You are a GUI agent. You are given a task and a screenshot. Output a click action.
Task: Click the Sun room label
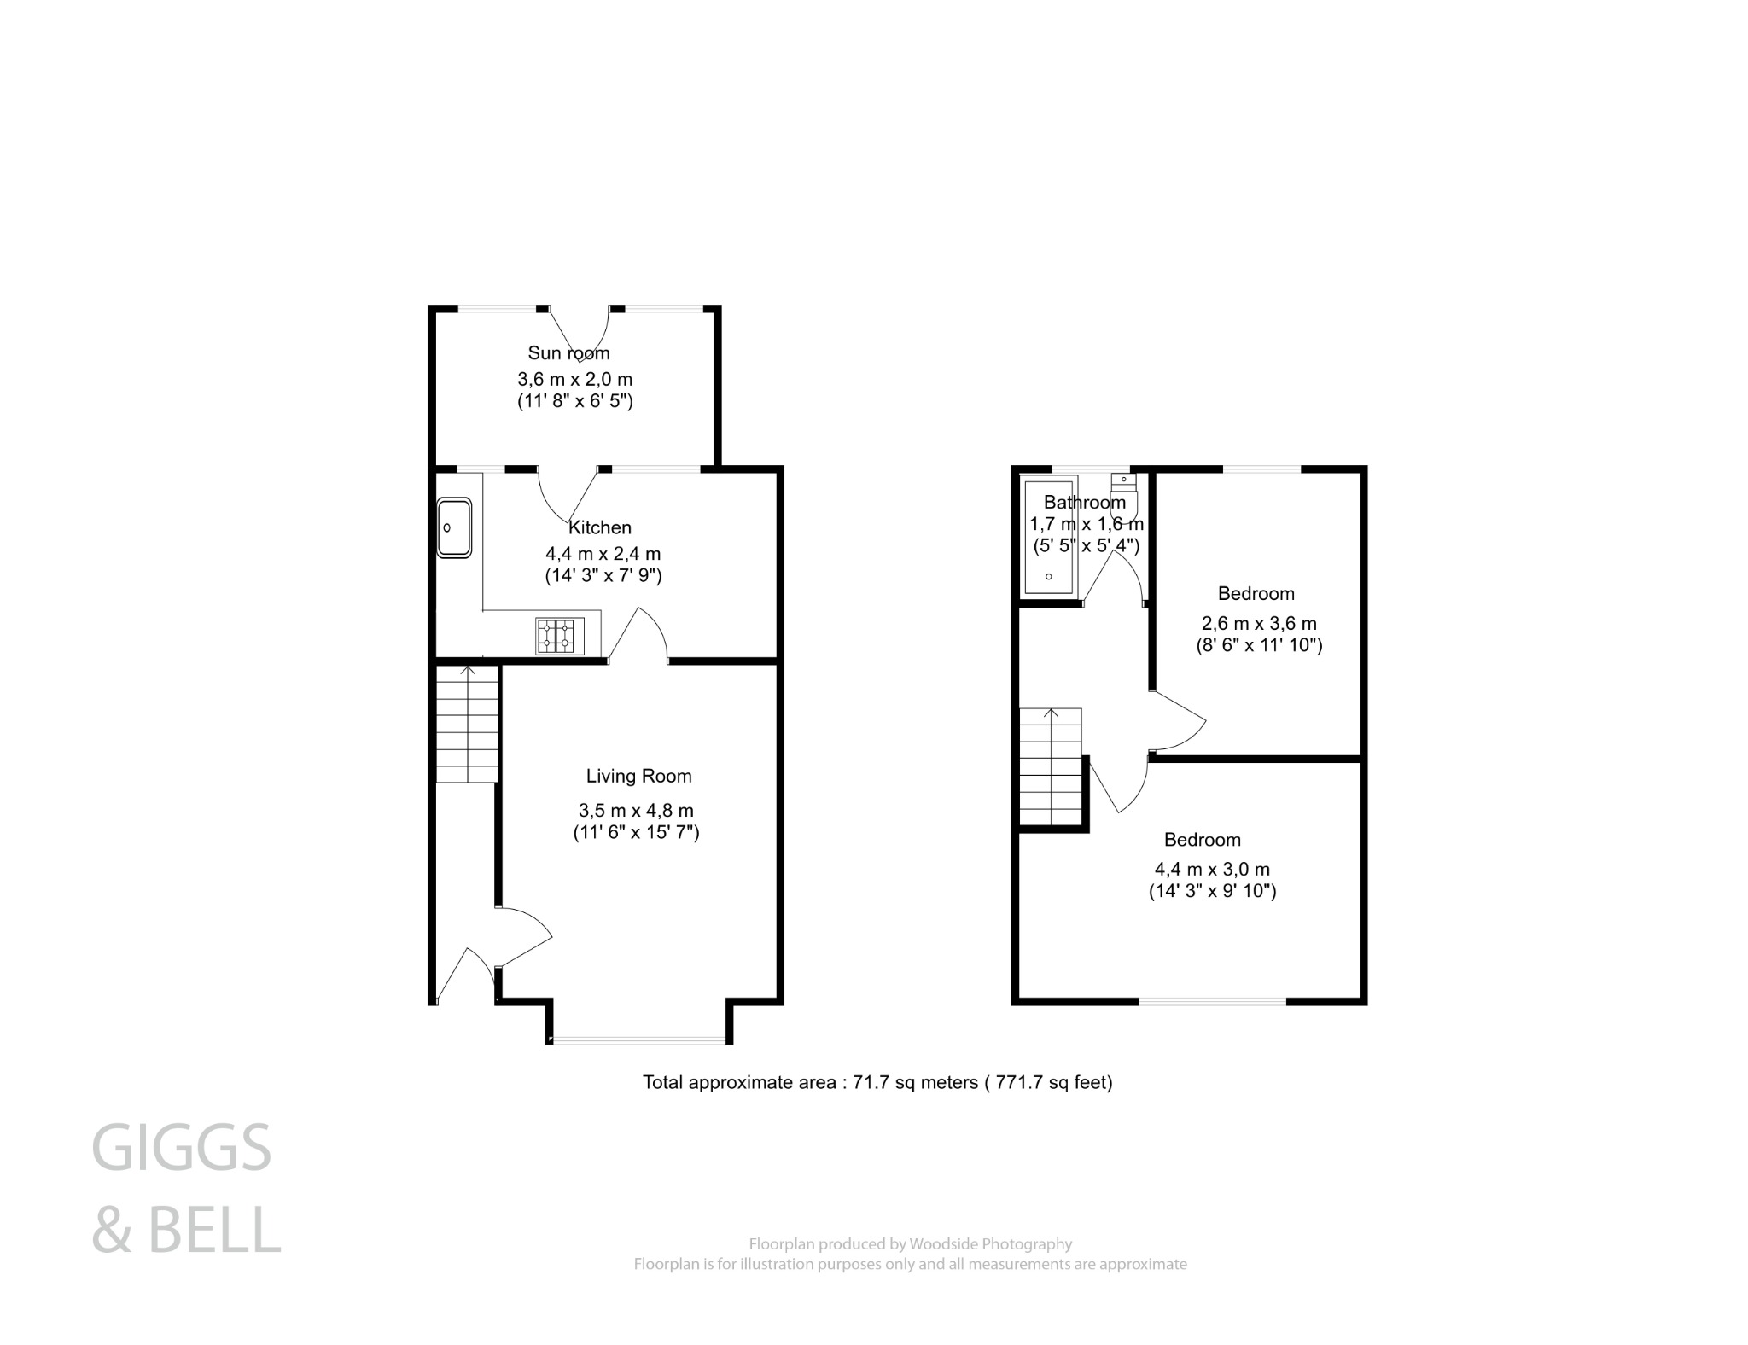[568, 352]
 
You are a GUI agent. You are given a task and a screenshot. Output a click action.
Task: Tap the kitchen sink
[454, 527]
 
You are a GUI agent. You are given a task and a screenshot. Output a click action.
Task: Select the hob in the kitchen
[560, 636]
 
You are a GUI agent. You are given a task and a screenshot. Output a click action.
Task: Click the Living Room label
[638, 776]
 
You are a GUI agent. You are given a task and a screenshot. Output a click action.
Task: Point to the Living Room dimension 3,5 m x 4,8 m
[636, 810]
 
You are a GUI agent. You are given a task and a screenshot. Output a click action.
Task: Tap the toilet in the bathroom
[1126, 499]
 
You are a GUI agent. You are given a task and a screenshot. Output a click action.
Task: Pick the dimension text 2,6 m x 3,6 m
[1259, 623]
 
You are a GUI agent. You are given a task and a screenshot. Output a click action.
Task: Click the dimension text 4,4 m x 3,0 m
[1212, 869]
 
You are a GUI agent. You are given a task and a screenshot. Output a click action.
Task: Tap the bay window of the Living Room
[638, 1039]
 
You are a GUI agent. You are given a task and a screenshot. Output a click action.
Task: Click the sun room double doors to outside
[579, 333]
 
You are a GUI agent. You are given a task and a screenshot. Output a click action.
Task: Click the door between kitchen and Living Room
[638, 635]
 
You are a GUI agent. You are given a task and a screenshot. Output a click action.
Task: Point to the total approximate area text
[877, 1082]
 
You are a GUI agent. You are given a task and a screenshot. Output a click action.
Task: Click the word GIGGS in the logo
[181, 1149]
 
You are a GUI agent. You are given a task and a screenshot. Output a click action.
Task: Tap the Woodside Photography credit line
[910, 1243]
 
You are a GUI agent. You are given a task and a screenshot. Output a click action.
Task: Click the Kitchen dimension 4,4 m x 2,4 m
[603, 553]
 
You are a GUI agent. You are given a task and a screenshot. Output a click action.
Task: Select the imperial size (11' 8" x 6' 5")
[574, 400]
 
